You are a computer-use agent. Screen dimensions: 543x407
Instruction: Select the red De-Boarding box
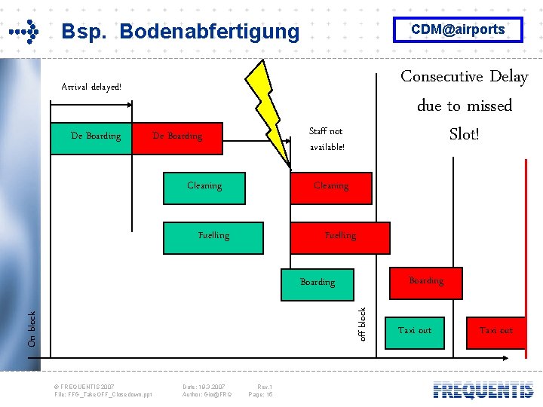click(x=178, y=137)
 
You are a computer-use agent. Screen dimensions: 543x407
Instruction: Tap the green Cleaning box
click(x=204, y=186)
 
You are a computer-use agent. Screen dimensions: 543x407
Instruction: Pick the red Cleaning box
click(x=331, y=186)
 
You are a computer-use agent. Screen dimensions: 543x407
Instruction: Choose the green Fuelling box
click(x=213, y=236)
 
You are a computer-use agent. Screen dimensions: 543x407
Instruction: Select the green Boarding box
click(x=318, y=282)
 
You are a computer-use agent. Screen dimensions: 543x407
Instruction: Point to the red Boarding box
click(x=426, y=281)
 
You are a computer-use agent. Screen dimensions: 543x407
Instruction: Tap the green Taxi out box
click(x=415, y=331)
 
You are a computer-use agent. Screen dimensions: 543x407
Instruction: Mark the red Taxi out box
click(x=496, y=331)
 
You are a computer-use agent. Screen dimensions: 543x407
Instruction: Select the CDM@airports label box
click(x=457, y=29)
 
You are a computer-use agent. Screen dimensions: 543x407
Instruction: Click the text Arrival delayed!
click(x=91, y=87)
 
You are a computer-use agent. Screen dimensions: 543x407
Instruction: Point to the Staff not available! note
click(x=327, y=139)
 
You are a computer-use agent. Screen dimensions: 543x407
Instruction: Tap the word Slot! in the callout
click(x=465, y=134)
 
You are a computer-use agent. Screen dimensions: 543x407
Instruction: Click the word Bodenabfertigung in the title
click(x=209, y=32)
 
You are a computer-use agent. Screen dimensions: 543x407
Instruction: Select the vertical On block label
click(x=32, y=329)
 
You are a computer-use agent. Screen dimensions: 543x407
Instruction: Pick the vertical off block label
click(x=362, y=323)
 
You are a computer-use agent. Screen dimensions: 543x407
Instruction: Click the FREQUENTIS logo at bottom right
click(x=483, y=390)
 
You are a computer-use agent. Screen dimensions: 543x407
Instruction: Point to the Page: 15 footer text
click(x=260, y=394)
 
